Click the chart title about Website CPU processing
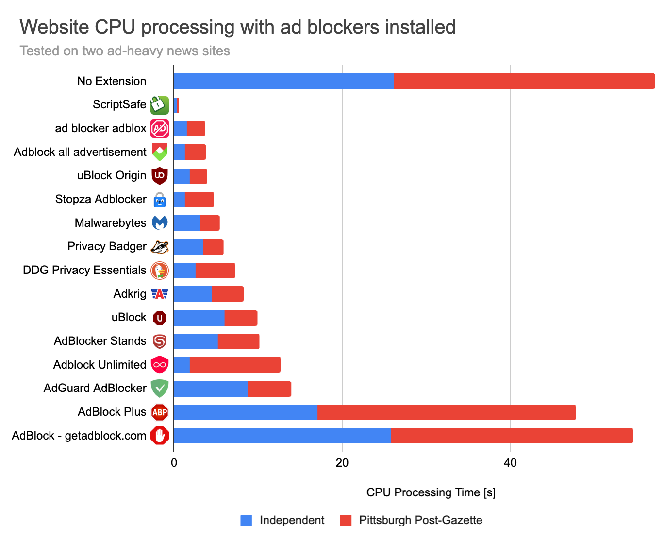(237, 27)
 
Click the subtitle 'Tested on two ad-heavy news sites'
(125, 51)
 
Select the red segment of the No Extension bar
(524, 81)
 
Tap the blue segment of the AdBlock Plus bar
(245, 412)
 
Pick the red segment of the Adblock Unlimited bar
(235, 365)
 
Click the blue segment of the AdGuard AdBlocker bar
(211, 389)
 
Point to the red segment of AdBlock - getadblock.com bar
(512, 436)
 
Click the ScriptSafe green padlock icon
(160, 105)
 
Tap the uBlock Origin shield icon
(160, 176)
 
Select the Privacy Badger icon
(160, 247)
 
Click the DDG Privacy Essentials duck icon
(160, 271)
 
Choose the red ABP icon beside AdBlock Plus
(160, 412)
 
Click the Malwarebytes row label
(110, 223)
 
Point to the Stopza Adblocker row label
(100, 199)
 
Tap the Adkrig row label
(130, 294)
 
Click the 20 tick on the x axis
(342, 463)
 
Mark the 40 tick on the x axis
(510, 463)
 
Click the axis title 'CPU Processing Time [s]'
(431, 492)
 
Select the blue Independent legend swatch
(247, 521)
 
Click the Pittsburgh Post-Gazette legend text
(420, 520)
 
